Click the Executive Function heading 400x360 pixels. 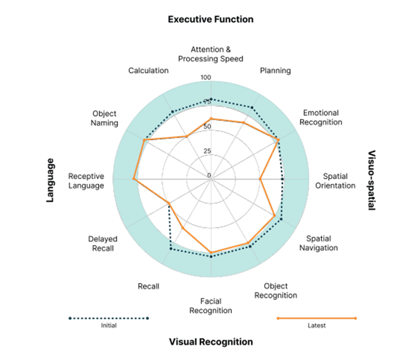[210, 20]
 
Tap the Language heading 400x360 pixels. [50, 180]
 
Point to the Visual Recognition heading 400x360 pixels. [211, 342]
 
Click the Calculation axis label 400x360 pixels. [149, 71]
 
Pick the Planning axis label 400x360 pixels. [275, 71]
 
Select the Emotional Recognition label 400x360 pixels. [321, 117]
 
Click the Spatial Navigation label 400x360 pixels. [321, 243]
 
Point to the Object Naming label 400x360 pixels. [105, 118]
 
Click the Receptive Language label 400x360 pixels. [86, 181]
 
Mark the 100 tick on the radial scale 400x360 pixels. [206, 78]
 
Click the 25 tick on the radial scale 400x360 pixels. [207, 152]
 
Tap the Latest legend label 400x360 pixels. [316, 326]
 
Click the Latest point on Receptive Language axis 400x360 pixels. [134, 180]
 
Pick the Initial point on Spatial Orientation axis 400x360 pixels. [282, 180]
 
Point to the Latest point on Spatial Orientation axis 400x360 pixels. [261, 180]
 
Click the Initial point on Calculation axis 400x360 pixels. [173, 111]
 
